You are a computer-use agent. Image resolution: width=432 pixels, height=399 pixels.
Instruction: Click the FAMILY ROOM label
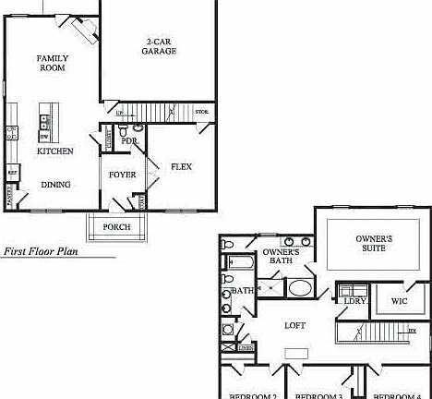pos(53,63)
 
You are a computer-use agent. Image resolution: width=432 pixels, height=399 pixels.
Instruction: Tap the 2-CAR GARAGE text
pos(160,46)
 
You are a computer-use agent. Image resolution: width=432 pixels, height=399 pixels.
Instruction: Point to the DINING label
pos(55,185)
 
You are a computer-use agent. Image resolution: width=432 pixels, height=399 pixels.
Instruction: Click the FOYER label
pos(123,175)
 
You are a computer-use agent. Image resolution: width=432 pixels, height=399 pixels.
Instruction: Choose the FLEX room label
pos(181,167)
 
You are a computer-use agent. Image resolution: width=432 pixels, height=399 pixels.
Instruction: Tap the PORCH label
pos(116,227)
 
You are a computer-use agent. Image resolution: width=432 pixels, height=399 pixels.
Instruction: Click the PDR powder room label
pos(142,141)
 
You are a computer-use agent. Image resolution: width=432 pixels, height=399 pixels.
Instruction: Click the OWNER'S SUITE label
pos(374,244)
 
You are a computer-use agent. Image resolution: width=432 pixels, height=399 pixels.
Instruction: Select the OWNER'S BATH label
pos(281,257)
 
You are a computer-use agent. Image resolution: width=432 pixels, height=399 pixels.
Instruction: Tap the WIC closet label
pos(399,301)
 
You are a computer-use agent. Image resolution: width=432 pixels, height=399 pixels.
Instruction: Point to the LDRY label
pos(354,301)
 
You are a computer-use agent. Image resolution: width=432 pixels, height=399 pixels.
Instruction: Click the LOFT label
pos(294,325)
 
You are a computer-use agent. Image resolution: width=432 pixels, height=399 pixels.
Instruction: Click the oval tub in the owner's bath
pos(301,287)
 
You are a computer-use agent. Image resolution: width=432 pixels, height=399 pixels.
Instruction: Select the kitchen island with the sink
pos(44,123)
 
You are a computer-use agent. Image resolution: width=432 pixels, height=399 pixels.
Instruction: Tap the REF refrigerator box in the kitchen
pos(13,171)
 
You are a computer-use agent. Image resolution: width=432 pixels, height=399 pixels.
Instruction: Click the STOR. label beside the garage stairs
pos(201,113)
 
